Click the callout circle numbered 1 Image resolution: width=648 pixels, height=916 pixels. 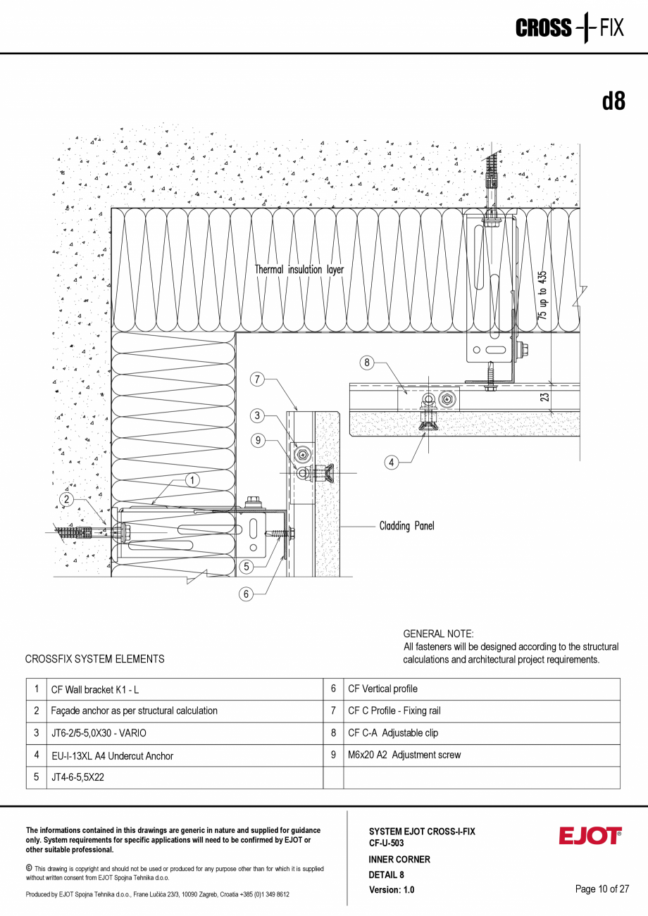coord(192,479)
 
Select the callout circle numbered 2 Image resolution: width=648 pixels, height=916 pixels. coord(67,499)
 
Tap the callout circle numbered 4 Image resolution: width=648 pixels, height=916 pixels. coord(392,463)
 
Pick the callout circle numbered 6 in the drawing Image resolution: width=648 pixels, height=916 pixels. coord(246,594)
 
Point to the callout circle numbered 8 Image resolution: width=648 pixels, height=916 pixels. coord(366,363)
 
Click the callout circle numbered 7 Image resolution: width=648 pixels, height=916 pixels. coord(258,379)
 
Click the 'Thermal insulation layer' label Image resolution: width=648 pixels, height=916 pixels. coord(299,270)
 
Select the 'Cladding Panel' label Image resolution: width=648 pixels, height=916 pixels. coord(406,526)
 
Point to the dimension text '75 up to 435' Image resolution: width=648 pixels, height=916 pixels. coord(542,296)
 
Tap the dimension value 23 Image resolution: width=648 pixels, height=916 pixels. coord(545,397)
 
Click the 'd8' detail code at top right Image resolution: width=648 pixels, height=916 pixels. coord(613,102)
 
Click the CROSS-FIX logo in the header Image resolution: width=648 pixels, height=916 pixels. coord(569,28)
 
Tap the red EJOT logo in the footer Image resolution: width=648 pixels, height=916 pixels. coord(590,836)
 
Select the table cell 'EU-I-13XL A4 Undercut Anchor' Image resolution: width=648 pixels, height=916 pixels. coord(112,755)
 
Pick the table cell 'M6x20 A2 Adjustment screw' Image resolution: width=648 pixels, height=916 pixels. coord(404,755)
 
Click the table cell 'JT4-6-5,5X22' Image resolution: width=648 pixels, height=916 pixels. coord(77,778)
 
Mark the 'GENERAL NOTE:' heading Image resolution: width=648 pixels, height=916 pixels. coord(438,634)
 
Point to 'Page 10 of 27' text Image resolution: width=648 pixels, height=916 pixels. coord(602,889)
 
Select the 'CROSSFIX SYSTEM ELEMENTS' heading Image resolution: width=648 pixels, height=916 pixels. coord(94,659)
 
